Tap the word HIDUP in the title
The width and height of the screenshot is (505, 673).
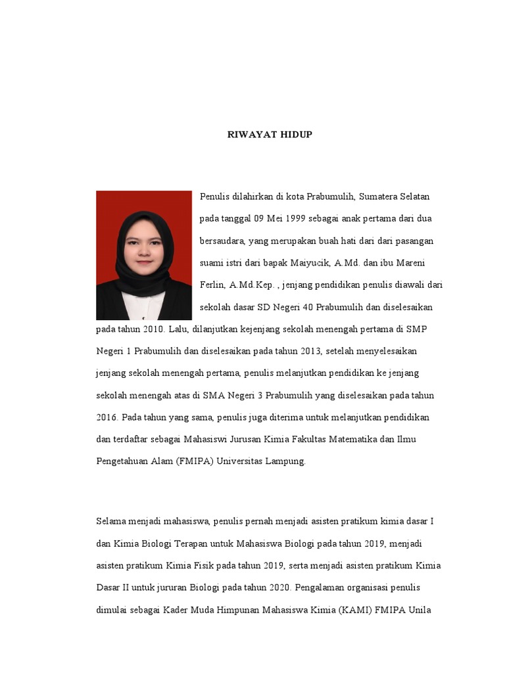(296, 135)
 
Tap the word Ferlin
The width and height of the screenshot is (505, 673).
(212, 285)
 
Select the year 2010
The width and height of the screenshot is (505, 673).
(152, 329)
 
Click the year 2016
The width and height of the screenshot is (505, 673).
(107, 418)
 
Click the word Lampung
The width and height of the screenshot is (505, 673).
(285, 461)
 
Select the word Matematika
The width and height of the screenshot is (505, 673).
(350, 440)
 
